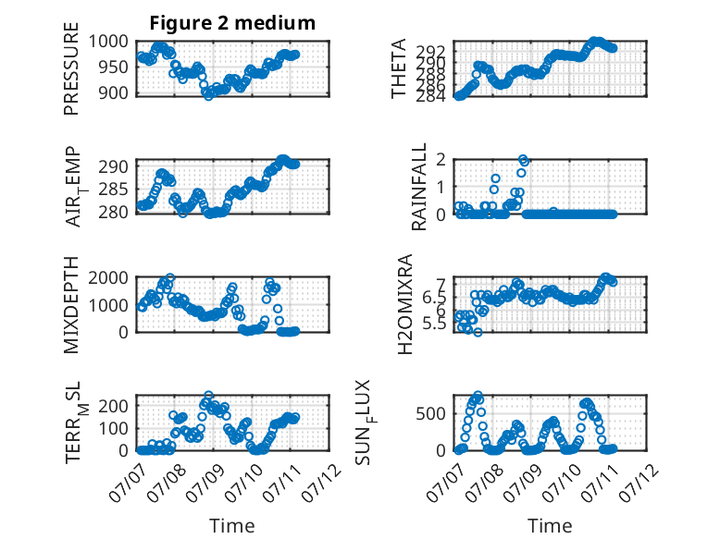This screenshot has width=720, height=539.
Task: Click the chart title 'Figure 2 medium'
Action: [x=232, y=22]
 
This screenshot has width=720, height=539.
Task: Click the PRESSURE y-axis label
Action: [x=71, y=68]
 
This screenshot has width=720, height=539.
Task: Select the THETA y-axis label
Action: [x=399, y=68]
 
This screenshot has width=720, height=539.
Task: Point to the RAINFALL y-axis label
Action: [x=419, y=187]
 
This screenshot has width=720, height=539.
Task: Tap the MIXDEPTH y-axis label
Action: [x=71, y=304]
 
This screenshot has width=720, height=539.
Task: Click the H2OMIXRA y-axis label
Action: [x=405, y=304]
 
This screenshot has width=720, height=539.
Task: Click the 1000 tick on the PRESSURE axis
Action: [x=108, y=42]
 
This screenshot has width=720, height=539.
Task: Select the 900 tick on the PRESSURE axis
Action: [x=114, y=92]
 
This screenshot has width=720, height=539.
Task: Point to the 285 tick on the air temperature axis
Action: [x=114, y=189]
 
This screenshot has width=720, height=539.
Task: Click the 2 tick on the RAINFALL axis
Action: [x=441, y=160]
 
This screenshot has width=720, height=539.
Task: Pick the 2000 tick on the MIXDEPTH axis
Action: [x=108, y=277]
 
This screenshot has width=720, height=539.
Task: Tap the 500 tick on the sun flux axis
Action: [x=430, y=414]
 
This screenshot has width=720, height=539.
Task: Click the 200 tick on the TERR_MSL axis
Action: [x=114, y=406]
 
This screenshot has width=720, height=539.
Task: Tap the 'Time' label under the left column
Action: [x=232, y=525]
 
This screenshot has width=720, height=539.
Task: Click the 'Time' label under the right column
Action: [x=550, y=525]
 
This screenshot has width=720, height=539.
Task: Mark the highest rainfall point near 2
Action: [x=523, y=159]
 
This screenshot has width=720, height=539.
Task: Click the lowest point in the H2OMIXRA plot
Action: [x=478, y=332]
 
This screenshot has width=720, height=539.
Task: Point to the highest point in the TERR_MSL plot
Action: [x=208, y=395]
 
